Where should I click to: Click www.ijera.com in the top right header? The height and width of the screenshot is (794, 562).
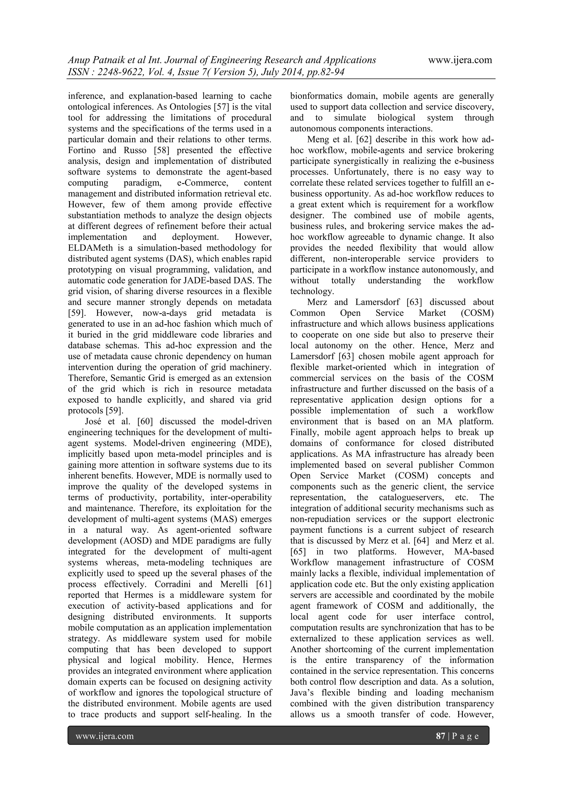460,60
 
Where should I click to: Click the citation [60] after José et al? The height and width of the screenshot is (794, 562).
145,422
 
